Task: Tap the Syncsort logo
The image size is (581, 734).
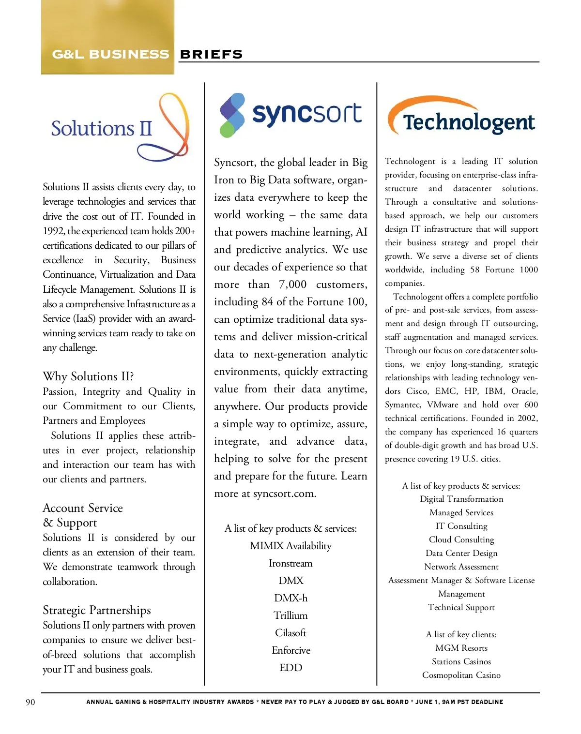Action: pyautogui.click(x=290, y=115)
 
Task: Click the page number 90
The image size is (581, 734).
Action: pyautogui.click(x=31, y=702)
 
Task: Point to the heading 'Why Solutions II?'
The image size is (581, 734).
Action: pyautogui.click(x=88, y=376)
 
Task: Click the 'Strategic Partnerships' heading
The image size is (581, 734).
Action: pyautogui.click(x=97, y=610)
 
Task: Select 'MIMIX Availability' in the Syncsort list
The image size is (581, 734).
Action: pyautogui.click(x=290, y=546)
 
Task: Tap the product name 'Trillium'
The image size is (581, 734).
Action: pyautogui.click(x=290, y=615)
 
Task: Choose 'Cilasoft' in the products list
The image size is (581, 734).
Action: pyautogui.click(x=290, y=633)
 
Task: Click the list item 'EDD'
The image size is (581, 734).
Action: pyautogui.click(x=290, y=668)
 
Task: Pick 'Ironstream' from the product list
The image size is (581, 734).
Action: pyautogui.click(x=290, y=563)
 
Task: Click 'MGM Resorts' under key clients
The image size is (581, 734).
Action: pyautogui.click(x=461, y=648)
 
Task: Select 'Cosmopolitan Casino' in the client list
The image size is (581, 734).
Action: pyautogui.click(x=461, y=675)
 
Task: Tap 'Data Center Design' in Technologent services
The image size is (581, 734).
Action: pyautogui.click(x=461, y=553)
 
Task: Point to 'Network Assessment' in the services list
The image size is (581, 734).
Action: pyautogui.click(x=461, y=567)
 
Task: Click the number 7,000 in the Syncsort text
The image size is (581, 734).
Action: pyautogui.click(x=292, y=285)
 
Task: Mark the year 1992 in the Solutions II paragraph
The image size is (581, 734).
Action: pyautogui.click(x=53, y=231)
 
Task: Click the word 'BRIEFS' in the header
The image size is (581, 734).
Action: pyautogui.click(x=211, y=54)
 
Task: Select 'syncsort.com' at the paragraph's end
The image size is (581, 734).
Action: pyautogui.click(x=284, y=494)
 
